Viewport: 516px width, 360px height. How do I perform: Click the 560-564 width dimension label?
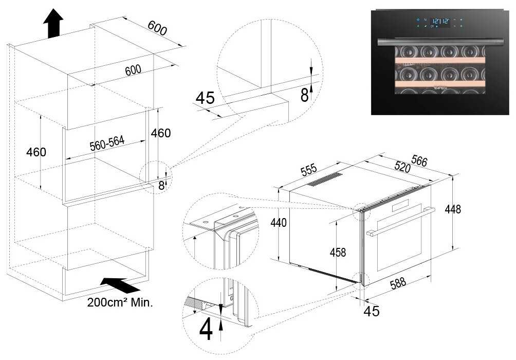107,143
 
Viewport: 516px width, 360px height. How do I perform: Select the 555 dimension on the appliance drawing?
309,169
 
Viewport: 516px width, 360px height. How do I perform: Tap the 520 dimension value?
402,167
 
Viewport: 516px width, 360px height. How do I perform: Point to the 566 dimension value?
419,161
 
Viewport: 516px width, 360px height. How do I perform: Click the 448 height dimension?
453,209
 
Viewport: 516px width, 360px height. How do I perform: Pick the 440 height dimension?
279,223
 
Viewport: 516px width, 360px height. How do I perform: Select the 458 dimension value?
338,253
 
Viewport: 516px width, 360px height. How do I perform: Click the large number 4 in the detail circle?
206,329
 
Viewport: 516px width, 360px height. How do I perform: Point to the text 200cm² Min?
120,302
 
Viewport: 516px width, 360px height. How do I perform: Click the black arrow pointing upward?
53,23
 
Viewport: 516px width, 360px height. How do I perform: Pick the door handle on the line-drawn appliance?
400,222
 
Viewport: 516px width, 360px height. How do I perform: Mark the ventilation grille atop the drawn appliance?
325,179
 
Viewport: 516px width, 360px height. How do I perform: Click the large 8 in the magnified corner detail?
305,95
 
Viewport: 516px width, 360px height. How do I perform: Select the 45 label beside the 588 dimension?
372,311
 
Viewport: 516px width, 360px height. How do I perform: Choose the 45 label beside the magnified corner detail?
205,98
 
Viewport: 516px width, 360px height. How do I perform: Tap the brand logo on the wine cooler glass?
440,88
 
